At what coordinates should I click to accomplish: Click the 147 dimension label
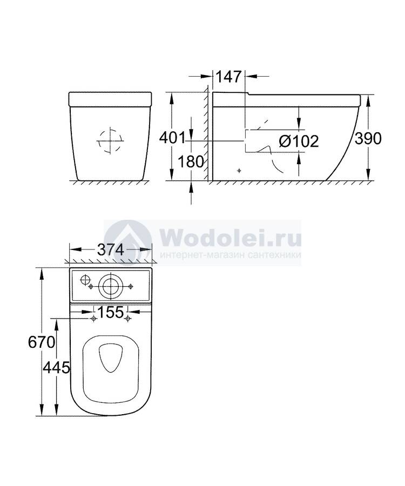[228, 77]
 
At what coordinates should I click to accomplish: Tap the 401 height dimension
[172, 138]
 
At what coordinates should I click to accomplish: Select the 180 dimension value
[191, 162]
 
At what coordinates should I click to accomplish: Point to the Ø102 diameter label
[299, 141]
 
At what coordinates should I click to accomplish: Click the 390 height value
[368, 139]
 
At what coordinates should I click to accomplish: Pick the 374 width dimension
[111, 249]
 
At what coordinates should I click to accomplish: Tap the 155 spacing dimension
[111, 312]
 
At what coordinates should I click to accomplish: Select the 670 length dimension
[42, 342]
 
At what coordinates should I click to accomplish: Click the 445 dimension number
[56, 368]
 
